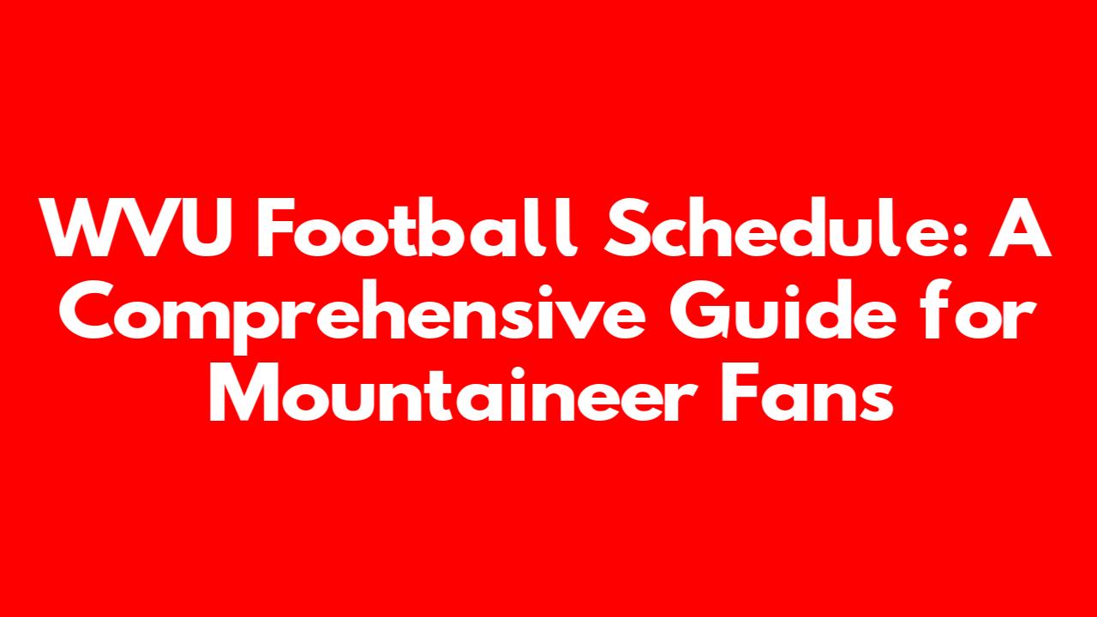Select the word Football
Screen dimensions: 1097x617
tap(417, 227)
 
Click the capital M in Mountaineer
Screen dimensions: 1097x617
tap(243, 392)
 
